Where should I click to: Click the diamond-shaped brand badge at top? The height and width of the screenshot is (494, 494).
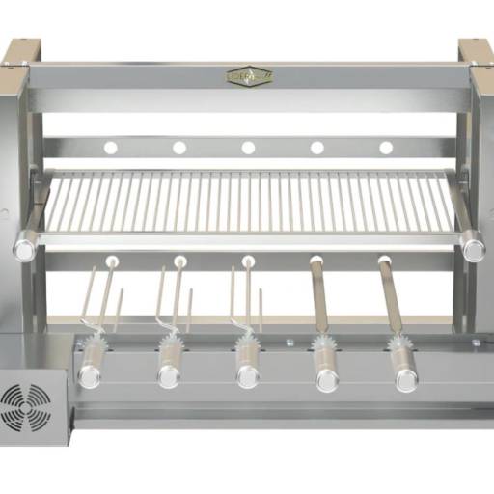pos(249,75)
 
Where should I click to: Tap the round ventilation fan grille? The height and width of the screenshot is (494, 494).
pos(26,402)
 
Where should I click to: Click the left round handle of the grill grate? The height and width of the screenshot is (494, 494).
pos(26,249)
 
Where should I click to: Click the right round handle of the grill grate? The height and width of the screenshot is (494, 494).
pos(473,249)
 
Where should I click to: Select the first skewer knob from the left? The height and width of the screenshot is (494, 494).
pos(90,376)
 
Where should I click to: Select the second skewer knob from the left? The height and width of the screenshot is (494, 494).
pos(169,376)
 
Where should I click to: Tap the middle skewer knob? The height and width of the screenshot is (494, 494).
pos(248,376)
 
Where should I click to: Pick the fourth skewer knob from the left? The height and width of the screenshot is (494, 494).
pos(327,378)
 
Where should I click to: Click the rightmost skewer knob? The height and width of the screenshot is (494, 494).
pos(405,378)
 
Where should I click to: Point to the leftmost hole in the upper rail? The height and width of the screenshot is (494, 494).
pos(111,148)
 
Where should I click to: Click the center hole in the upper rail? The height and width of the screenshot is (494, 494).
pos(248,148)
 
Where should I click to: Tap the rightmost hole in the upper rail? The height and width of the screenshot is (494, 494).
pos(386,148)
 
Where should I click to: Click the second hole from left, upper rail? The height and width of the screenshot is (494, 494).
pos(179,148)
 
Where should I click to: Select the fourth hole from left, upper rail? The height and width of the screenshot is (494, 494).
pos(317,148)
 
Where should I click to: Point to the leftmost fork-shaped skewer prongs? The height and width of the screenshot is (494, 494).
pos(102,299)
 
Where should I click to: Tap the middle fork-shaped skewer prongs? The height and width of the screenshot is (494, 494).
pos(245,299)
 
